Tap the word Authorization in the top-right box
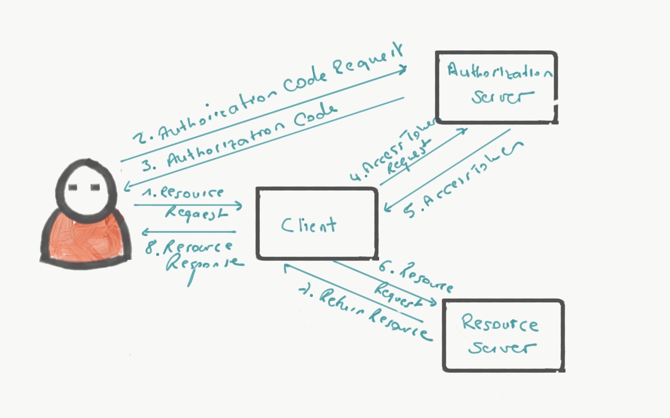pos(500,71)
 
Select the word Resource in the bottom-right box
pos(500,323)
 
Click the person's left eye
pos(73,187)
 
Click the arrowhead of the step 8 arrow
pos(144,232)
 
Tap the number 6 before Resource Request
pos(384,266)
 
